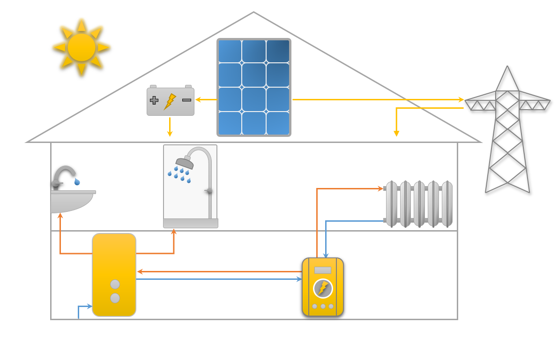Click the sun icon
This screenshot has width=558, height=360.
click(x=82, y=47)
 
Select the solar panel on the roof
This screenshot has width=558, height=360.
click(x=254, y=87)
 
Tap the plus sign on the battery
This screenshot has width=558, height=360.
click(x=154, y=100)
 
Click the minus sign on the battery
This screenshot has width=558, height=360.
click(x=186, y=100)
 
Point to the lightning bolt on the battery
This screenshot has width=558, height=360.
click(x=170, y=101)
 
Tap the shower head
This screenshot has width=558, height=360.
click(x=185, y=163)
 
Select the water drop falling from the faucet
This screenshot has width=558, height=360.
click(x=77, y=181)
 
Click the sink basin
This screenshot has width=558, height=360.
click(x=70, y=202)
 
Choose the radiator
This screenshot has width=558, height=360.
click(x=419, y=204)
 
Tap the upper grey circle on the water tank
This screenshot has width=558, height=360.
click(x=115, y=284)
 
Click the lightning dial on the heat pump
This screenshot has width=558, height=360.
click(x=323, y=288)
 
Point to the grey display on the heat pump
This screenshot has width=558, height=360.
click(x=323, y=270)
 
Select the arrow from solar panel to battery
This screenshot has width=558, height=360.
click(x=206, y=99)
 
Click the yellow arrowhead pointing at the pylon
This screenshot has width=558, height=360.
click(x=461, y=99)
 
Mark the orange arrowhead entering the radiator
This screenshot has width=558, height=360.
click(x=380, y=188)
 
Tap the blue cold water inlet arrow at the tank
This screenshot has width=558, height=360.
click(x=89, y=307)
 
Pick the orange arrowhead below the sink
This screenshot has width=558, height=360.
click(x=60, y=216)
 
